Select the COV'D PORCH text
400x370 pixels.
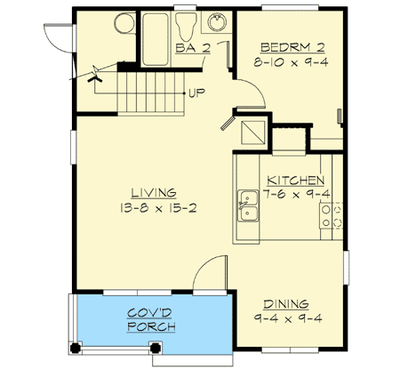pyautogui.click(x=150, y=319)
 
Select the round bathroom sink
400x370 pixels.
pyautogui.click(x=215, y=24)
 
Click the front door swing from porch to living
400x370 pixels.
pyautogui.click(x=206, y=272)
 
